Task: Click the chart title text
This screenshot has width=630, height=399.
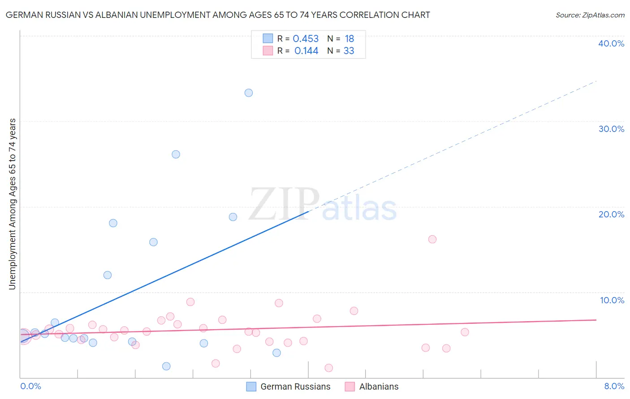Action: [218, 15]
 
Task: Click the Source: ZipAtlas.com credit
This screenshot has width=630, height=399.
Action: [590, 15]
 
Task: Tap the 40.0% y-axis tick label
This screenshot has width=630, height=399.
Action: [611, 43]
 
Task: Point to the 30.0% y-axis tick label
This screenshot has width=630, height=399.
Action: [611, 129]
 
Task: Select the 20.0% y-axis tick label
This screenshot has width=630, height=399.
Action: [611, 214]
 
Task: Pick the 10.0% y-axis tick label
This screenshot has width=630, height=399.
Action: [612, 300]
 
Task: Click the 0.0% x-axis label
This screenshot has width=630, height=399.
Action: [30, 386]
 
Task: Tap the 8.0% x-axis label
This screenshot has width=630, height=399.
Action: [614, 386]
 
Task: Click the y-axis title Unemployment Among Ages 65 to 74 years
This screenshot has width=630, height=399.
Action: [12, 204]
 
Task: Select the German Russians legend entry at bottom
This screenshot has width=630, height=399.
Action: [289, 386]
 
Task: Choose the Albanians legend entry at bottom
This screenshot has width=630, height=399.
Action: [371, 386]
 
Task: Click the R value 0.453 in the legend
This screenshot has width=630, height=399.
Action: [306, 39]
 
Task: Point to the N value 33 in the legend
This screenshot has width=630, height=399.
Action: [349, 51]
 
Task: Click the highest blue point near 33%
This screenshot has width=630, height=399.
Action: [249, 93]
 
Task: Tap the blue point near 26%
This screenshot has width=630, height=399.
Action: [176, 154]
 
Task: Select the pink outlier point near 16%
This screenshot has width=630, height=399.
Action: [432, 239]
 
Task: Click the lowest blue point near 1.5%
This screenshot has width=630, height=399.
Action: [166, 366]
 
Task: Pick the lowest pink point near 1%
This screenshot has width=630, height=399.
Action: [328, 368]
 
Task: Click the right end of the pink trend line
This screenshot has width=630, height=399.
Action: [595, 320]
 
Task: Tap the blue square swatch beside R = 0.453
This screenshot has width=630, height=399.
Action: [268, 38]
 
